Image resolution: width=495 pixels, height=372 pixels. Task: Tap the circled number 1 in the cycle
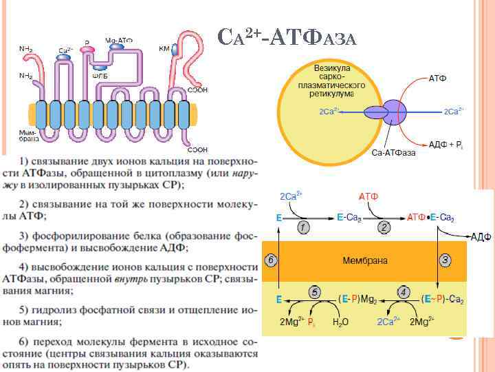(x=303, y=226)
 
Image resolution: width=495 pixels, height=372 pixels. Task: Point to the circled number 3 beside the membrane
(x=445, y=260)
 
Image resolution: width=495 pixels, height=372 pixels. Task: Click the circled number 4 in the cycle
(x=404, y=291)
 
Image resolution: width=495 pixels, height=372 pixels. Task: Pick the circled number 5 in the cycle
(x=314, y=291)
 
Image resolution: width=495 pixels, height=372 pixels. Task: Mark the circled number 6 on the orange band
(x=271, y=260)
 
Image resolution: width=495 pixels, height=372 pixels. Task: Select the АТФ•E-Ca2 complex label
(x=431, y=217)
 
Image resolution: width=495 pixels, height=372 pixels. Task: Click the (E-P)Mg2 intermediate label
(x=358, y=300)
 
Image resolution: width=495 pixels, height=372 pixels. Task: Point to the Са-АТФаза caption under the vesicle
(x=394, y=152)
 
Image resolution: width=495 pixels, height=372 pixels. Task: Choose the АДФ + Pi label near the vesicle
(x=445, y=143)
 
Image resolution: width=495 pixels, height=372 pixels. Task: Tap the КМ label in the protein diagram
(x=164, y=49)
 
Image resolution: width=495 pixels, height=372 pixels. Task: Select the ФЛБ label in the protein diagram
(x=100, y=76)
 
